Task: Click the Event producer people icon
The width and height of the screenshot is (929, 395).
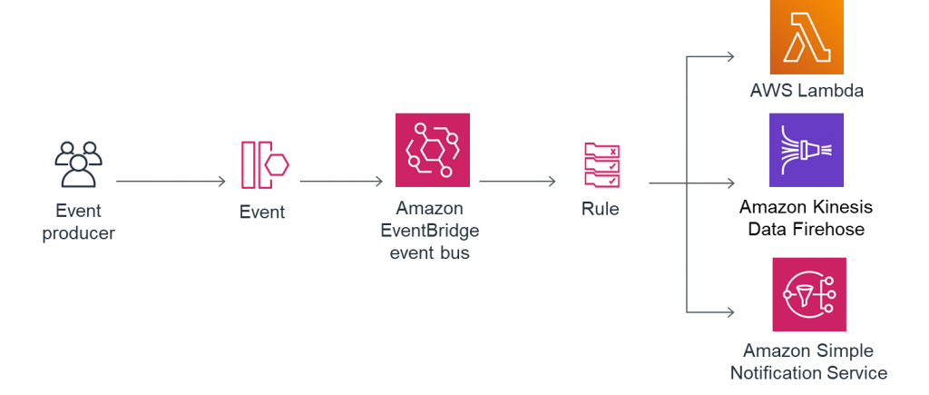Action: pos(78,165)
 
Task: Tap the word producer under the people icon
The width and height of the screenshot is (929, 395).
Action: pos(78,233)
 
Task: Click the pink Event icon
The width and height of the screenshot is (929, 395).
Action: pos(264,165)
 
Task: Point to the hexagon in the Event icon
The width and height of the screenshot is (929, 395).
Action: pos(277,165)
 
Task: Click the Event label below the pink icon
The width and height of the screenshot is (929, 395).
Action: pos(261,212)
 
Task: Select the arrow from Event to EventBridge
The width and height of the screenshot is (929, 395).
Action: pos(341,182)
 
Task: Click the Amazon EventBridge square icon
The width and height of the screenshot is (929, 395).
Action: pos(432,150)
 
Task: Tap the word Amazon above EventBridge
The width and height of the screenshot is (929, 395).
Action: pos(430,208)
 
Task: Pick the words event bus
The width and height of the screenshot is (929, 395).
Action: pos(430,253)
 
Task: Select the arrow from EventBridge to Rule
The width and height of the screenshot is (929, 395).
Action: pos(517,182)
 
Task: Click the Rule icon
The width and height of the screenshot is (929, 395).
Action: pos(602,164)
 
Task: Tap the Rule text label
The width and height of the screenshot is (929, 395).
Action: pos(601,210)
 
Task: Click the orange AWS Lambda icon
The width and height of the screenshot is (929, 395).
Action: pos(807,36)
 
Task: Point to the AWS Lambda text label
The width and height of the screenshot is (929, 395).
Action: pos(807,91)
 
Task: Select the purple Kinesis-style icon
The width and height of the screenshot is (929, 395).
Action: pos(807,150)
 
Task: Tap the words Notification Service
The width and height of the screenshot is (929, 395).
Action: pos(815,372)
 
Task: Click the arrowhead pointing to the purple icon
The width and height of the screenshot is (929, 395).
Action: pos(731,183)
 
